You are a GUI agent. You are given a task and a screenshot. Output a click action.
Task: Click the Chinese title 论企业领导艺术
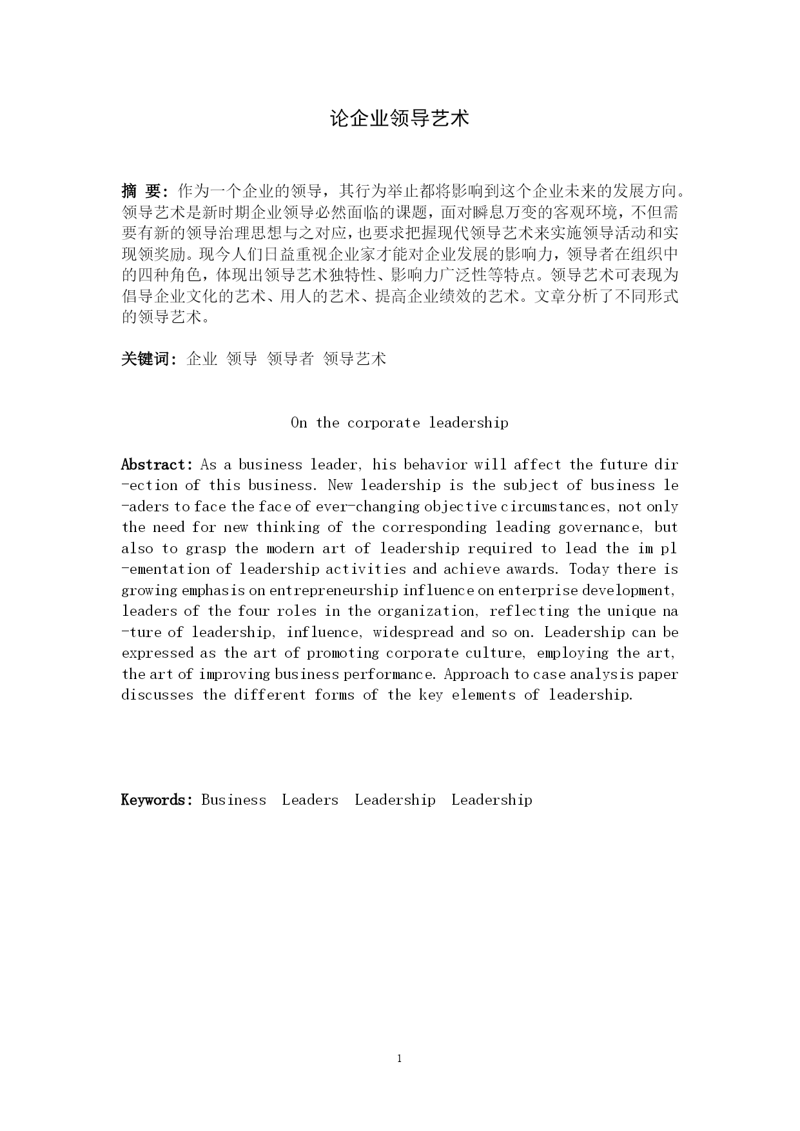[x=400, y=119]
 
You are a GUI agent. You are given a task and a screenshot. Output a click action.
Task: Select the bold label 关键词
[x=147, y=359]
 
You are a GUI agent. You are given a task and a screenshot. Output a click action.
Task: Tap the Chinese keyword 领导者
[x=290, y=359]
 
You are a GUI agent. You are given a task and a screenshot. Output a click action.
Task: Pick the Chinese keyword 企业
[x=202, y=359]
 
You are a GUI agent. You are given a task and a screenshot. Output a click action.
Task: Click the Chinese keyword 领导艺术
[x=355, y=359]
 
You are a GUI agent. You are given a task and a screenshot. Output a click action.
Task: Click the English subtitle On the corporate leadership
[x=400, y=423]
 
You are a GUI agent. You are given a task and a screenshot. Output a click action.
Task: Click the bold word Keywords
[x=157, y=800]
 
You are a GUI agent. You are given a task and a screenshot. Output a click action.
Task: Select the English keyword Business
[x=233, y=800]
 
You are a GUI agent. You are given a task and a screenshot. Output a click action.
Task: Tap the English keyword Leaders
[x=310, y=800]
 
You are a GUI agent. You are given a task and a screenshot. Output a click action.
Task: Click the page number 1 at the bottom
[x=400, y=1058]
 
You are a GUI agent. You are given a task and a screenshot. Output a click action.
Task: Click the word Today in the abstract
[x=589, y=569]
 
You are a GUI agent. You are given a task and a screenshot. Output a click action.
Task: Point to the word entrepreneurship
[x=334, y=591]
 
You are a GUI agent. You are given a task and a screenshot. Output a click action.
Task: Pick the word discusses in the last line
[x=157, y=695]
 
